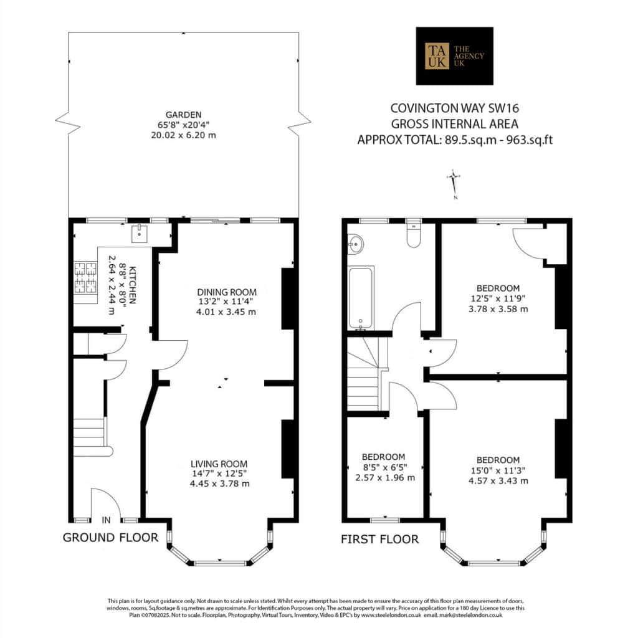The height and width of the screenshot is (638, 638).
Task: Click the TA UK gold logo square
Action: (x=437, y=55)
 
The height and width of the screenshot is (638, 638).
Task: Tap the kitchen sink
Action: (x=140, y=233)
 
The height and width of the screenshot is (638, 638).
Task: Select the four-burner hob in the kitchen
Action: (x=85, y=278)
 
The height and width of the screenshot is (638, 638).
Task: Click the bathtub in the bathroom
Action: (x=361, y=298)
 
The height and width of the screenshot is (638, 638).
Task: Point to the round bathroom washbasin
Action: (x=355, y=244)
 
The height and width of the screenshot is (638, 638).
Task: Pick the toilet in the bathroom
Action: (x=414, y=235)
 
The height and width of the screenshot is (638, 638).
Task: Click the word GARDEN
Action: (x=184, y=115)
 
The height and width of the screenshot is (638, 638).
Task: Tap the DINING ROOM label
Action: (x=227, y=292)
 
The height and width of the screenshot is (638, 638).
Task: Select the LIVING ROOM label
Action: (x=219, y=464)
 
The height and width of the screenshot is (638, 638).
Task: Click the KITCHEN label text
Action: (x=132, y=285)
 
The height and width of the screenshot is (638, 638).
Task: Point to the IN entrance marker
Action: (x=106, y=520)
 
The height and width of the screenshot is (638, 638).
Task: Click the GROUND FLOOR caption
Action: (x=110, y=538)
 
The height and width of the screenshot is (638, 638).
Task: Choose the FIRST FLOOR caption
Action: (x=379, y=540)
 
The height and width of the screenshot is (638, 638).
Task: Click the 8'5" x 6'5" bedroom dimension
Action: (x=384, y=467)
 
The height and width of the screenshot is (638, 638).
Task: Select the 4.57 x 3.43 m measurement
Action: (x=498, y=481)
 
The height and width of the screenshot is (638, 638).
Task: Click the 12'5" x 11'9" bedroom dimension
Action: (x=498, y=298)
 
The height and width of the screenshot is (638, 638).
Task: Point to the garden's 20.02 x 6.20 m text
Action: (x=184, y=135)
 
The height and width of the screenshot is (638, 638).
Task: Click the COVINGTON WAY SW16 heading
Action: (x=454, y=108)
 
